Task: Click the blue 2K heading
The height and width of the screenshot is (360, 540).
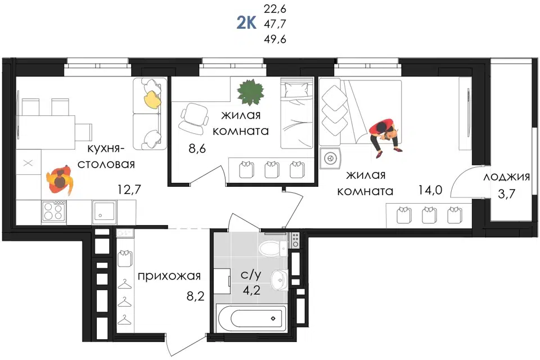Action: (246, 24)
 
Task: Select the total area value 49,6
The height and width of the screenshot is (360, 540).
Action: (275, 39)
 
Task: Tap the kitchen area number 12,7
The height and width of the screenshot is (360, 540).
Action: (129, 189)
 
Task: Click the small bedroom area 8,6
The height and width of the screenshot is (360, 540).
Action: (197, 148)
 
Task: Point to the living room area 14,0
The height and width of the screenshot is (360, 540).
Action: (430, 190)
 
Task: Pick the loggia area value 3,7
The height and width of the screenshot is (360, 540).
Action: (507, 193)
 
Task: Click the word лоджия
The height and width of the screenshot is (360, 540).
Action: (507, 177)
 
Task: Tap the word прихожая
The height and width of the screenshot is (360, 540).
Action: (169, 276)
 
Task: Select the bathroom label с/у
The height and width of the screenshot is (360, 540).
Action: (251, 274)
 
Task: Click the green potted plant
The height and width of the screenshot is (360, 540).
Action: (251, 92)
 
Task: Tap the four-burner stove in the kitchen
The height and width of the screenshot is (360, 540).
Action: (54, 211)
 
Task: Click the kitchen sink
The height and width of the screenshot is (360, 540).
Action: (105, 211)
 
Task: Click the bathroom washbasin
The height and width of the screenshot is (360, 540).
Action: (280, 280)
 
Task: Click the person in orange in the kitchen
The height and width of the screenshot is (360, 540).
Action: (61, 180)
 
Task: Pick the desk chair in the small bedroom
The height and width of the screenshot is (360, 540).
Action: (193, 119)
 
